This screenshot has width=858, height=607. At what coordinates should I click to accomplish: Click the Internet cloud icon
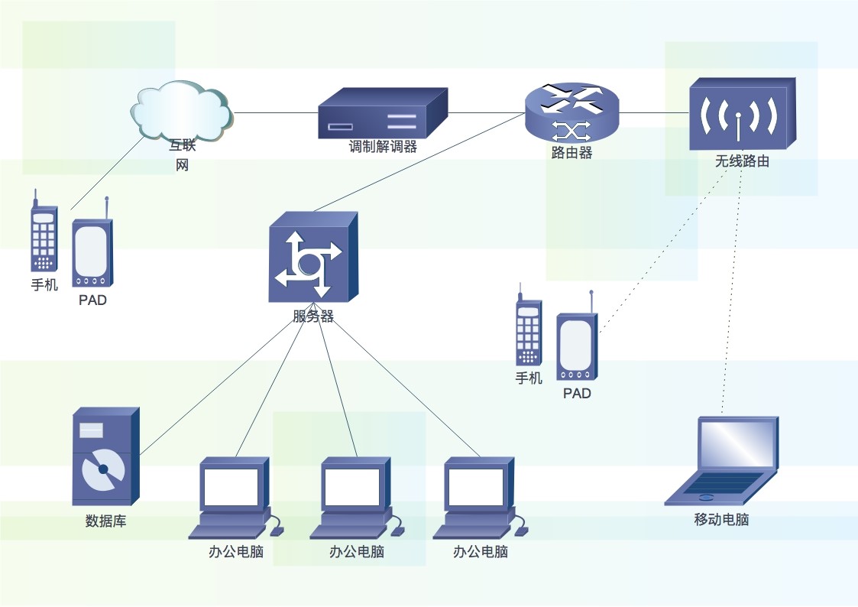[x=181, y=111]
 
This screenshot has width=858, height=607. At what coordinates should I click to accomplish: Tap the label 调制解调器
[x=383, y=147]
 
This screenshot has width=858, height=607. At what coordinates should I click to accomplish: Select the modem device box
[x=382, y=113]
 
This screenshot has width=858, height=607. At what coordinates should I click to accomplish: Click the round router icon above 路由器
[x=571, y=112]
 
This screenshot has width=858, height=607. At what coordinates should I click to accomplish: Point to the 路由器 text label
[x=571, y=153]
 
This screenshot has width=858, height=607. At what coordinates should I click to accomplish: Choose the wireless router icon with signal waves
[x=741, y=115]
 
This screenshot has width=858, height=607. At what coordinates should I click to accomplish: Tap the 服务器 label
[x=313, y=316]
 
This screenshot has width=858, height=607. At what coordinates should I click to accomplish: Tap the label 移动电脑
[x=721, y=520]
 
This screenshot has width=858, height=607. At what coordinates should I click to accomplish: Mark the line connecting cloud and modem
[x=275, y=113]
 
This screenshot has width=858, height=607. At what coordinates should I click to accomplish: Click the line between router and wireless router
[x=653, y=113]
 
